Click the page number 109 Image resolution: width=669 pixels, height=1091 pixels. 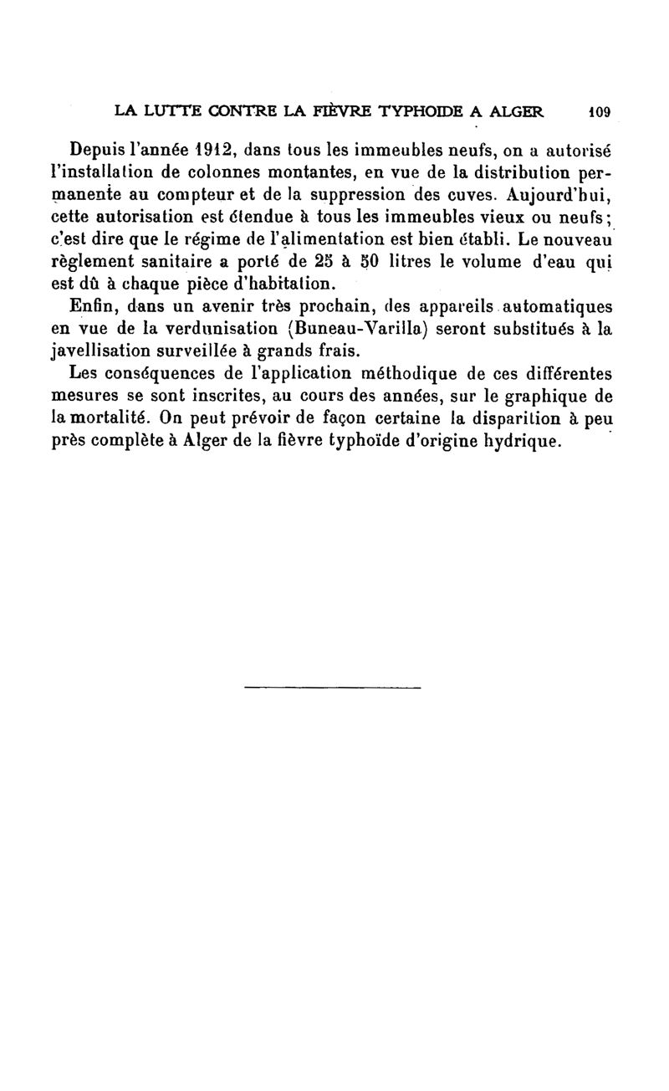tap(601, 110)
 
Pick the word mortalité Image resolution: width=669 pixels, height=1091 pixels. tap(117, 417)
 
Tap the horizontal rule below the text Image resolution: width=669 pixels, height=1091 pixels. tap(333, 687)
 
